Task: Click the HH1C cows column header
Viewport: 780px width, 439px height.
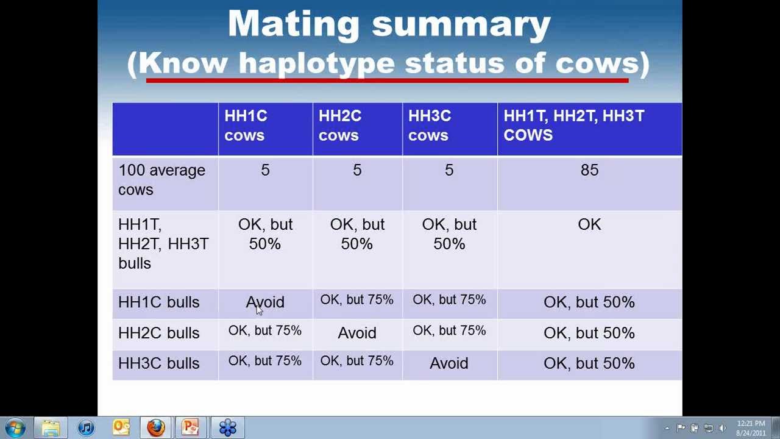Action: coord(246,126)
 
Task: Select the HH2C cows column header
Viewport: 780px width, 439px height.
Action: coord(339,126)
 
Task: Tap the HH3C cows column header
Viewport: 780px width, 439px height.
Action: coord(429,126)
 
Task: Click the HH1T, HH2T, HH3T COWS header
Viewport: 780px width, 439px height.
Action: coord(573,126)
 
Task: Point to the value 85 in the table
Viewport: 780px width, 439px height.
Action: coord(589,171)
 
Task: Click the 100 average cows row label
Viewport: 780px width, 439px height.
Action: coord(161,180)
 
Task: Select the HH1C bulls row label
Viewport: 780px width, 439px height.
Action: coord(158,302)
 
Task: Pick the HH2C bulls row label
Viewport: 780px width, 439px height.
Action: coord(158,333)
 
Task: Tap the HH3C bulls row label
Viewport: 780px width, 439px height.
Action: coord(158,363)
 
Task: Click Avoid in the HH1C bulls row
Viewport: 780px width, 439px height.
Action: coord(265,302)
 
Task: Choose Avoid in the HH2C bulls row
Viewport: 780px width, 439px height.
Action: coord(357,333)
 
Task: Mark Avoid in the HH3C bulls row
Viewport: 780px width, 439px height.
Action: coord(449,363)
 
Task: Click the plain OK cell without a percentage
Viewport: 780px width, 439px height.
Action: coord(589,224)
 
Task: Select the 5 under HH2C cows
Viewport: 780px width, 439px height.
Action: coord(357,171)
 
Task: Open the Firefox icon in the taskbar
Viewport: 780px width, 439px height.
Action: coord(156,427)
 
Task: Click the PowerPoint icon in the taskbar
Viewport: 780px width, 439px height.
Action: coord(191,427)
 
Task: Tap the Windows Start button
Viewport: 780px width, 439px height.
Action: coord(15,427)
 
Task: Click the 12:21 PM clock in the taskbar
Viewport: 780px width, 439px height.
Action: coord(751,428)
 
